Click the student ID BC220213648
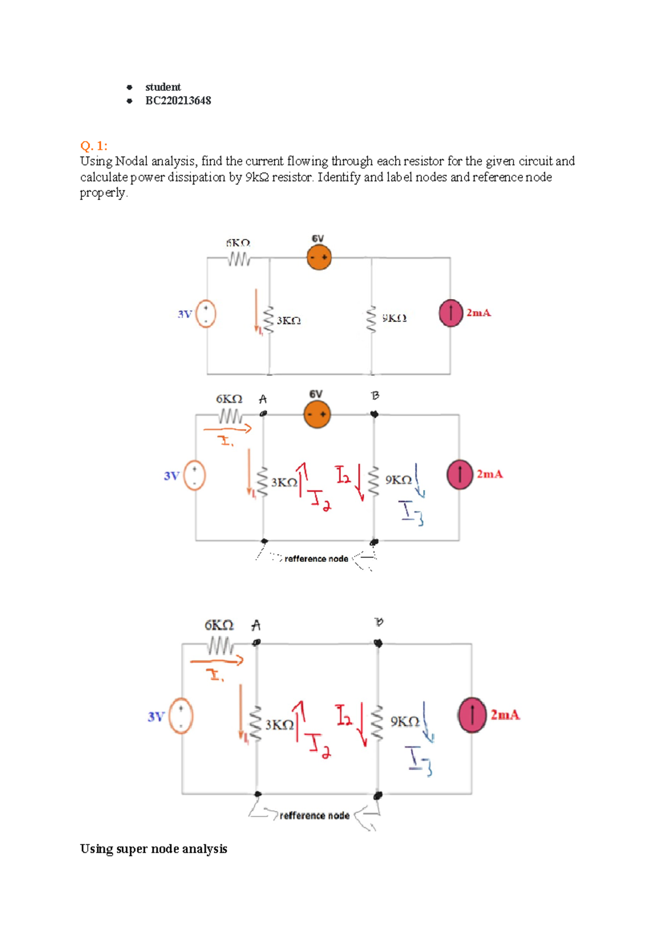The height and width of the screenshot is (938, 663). pos(178,101)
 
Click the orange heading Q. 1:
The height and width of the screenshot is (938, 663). pos(94,146)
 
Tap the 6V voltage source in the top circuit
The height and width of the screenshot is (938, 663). pos(319,258)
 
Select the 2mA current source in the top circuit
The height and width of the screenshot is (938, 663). pos(451,313)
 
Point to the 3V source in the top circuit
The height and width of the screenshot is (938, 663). pos(206,314)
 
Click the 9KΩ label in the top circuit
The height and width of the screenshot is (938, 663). pos(394,318)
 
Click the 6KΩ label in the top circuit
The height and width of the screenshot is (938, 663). pos(238,243)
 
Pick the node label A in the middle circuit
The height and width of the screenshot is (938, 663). pos(263,399)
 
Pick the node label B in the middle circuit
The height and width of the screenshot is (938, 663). pos(375,395)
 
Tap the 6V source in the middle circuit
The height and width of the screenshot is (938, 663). pos(317,415)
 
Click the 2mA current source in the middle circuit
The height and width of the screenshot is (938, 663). pos(460,475)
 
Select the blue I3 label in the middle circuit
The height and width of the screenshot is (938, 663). pos(412,513)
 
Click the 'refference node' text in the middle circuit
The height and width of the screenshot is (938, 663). pos(316,559)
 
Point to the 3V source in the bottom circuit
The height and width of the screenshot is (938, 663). pos(181,716)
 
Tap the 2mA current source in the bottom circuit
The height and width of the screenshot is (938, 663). pos(472,715)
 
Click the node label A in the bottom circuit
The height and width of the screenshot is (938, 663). pos(256,626)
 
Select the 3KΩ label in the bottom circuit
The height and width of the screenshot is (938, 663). pos(280,725)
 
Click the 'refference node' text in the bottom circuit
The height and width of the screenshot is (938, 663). pos(314,816)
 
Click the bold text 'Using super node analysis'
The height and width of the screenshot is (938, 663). pos(154,849)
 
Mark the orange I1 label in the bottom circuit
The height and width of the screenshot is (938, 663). pos(214,675)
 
